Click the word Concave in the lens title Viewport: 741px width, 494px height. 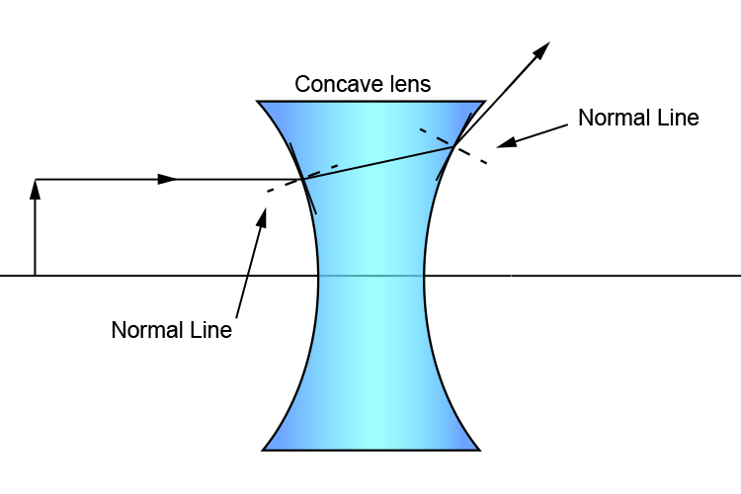(x=331, y=85)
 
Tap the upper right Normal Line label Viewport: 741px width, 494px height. (x=638, y=118)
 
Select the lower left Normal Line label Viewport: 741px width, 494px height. (x=171, y=330)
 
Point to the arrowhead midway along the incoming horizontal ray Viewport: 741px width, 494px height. (x=169, y=179)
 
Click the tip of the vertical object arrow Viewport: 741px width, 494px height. (x=36, y=183)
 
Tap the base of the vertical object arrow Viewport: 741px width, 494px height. (x=36, y=274)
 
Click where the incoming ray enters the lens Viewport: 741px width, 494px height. (x=301, y=180)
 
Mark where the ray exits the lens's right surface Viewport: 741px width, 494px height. (x=453, y=146)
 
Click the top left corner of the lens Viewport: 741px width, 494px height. (x=258, y=101)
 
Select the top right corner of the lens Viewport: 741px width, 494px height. (x=484, y=101)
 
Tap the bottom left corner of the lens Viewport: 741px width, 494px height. (x=263, y=450)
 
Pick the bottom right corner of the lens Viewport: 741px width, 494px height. (x=480, y=450)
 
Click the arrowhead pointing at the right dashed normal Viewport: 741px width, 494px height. (x=502, y=144)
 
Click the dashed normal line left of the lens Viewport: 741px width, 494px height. (x=277, y=188)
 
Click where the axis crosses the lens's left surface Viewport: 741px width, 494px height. (x=318, y=275)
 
